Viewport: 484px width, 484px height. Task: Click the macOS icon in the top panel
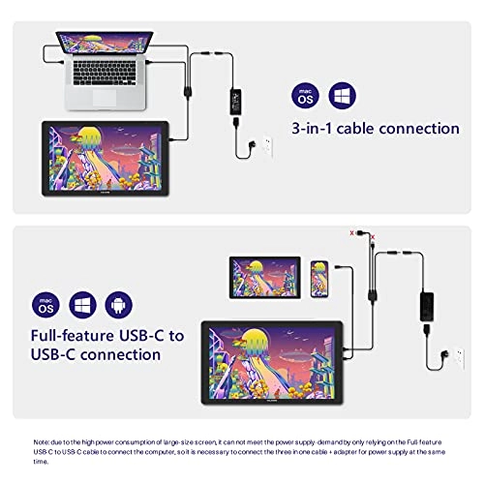click(305, 96)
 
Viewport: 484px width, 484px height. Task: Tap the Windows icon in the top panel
click(342, 96)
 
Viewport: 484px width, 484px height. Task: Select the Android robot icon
click(119, 305)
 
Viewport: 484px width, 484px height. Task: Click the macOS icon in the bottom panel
click(45, 305)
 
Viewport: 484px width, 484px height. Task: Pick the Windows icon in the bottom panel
click(82, 305)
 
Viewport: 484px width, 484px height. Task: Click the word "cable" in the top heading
click(355, 129)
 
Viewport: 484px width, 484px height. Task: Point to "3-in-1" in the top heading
click(312, 129)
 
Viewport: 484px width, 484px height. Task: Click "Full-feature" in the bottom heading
click(73, 336)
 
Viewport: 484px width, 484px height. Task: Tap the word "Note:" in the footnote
click(42, 442)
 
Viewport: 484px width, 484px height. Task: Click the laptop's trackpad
click(105, 98)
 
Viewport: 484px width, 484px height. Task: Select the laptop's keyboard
click(105, 73)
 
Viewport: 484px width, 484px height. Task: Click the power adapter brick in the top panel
click(235, 102)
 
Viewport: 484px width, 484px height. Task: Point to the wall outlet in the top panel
click(267, 147)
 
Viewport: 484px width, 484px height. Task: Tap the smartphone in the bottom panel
click(319, 279)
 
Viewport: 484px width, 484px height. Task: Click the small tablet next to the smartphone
click(265, 278)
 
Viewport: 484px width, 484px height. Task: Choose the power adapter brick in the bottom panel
click(427, 307)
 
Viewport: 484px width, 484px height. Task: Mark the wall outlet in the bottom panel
click(459, 358)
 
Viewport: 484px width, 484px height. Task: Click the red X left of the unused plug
click(351, 233)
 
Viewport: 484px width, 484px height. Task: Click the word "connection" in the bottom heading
click(120, 355)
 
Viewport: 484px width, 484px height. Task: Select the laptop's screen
click(105, 42)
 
